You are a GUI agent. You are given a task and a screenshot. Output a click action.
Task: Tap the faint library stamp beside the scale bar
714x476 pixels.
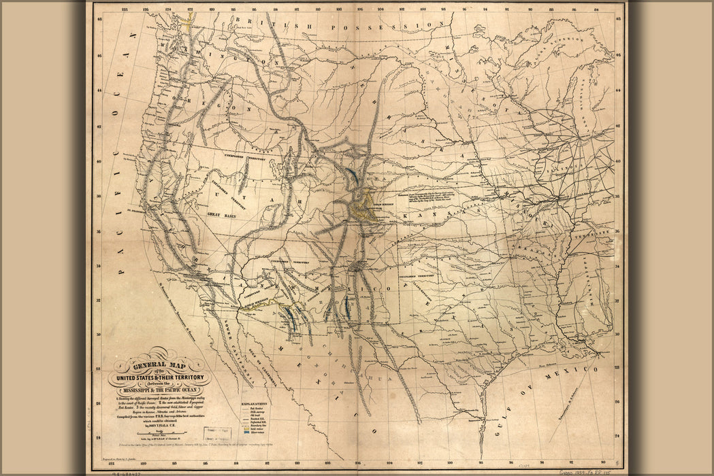[x=219, y=432]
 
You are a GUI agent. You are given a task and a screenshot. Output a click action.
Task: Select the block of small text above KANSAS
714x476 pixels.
[x=435, y=197]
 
